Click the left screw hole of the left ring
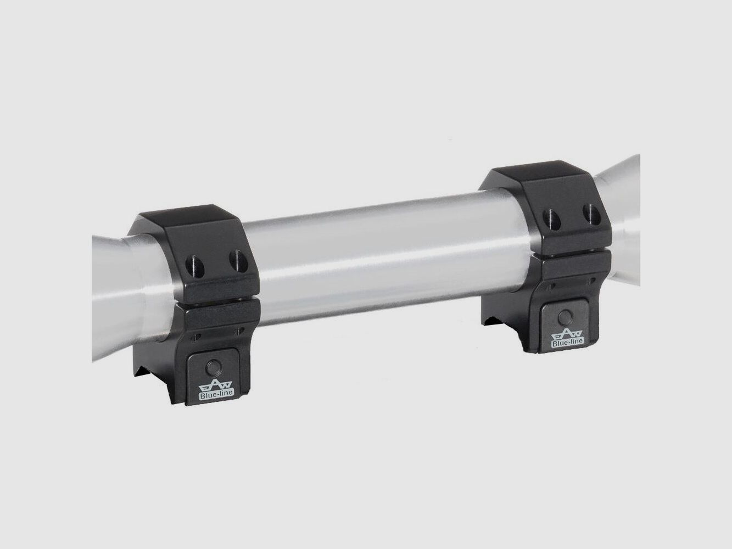195,266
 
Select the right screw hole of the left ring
238,261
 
